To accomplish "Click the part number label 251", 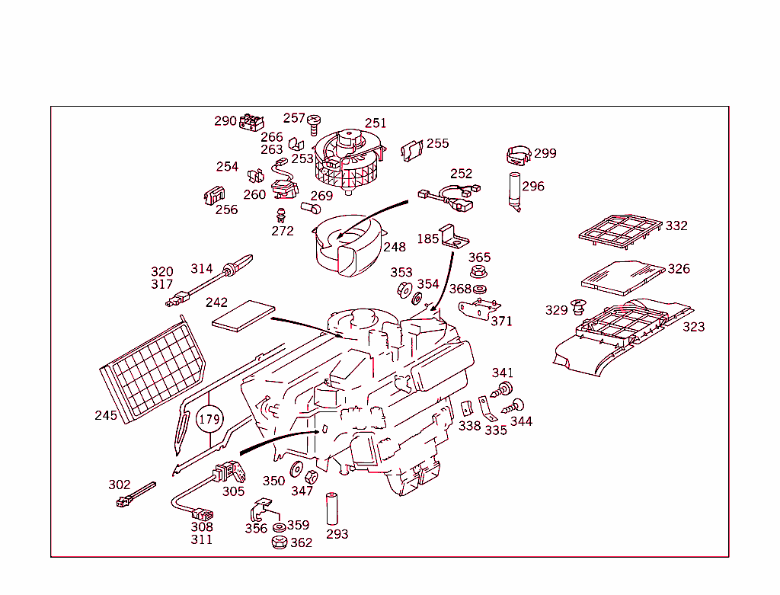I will pos(376,123).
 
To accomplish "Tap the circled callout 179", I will pos(209,419).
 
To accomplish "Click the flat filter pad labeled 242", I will pos(242,315).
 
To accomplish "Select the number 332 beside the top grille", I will pos(676,226).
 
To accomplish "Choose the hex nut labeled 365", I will pos(479,271).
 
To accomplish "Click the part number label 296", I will pos(533,186).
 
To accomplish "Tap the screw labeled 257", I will pos(313,122).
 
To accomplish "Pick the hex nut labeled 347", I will pos(311,478).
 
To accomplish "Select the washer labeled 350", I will pos(297,469).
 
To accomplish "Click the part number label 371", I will pos(501,321).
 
